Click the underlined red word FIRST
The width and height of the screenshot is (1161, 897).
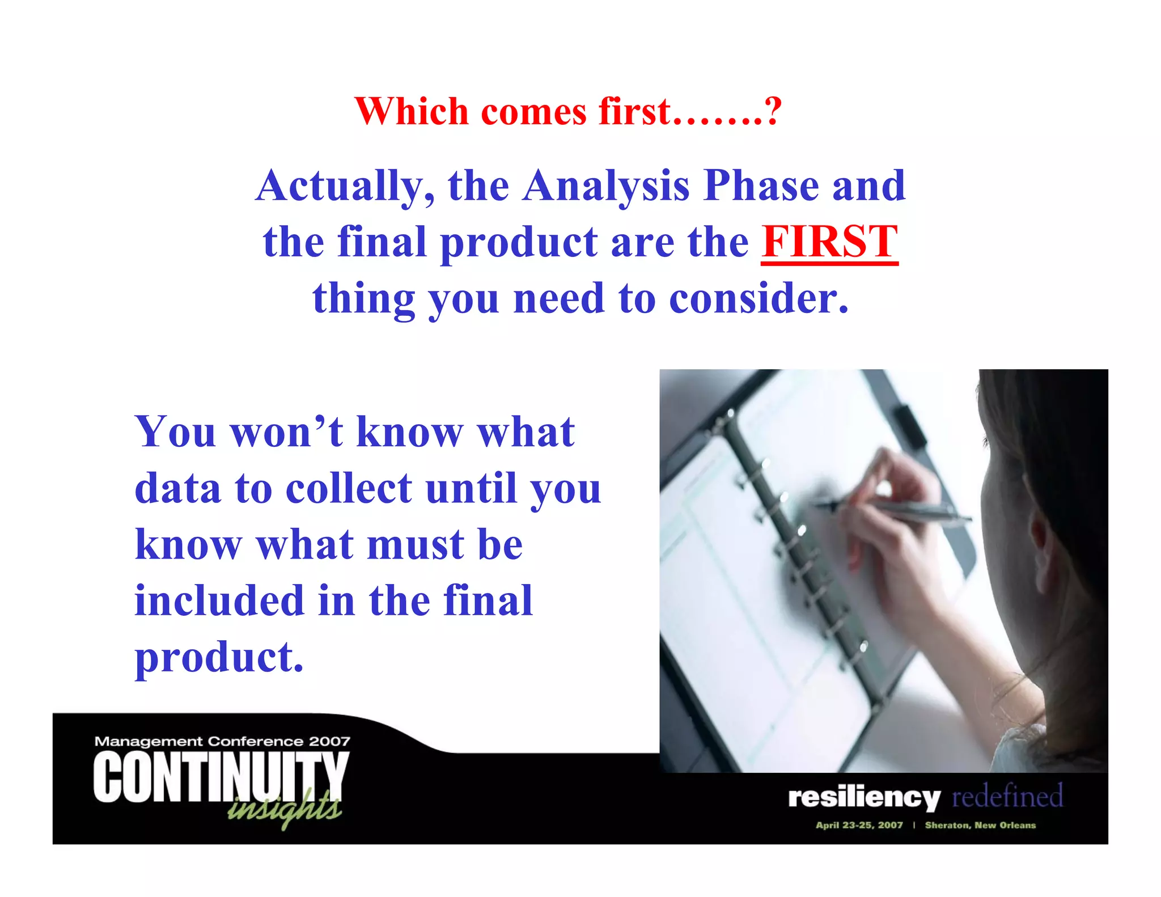pyautogui.click(x=829, y=242)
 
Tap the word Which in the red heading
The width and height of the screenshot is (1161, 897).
pyautogui.click(x=411, y=111)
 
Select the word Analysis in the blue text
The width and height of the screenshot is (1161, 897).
pyautogui.click(x=606, y=186)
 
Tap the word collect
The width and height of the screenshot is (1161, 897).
pyautogui.click(x=349, y=488)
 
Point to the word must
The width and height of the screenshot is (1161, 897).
pyautogui.click(x=416, y=544)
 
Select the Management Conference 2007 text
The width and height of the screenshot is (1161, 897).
pyautogui.click(x=222, y=741)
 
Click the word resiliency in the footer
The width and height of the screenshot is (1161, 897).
pyautogui.click(x=864, y=797)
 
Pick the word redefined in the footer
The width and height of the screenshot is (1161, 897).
pyautogui.click(x=1007, y=796)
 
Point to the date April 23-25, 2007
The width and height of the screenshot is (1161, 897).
pyautogui.click(x=859, y=825)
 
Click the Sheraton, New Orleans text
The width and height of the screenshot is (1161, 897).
pyautogui.click(x=980, y=825)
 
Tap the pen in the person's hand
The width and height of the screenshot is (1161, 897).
pyautogui.click(x=896, y=510)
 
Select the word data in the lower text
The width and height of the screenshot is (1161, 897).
pyautogui.click(x=177, y=488)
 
